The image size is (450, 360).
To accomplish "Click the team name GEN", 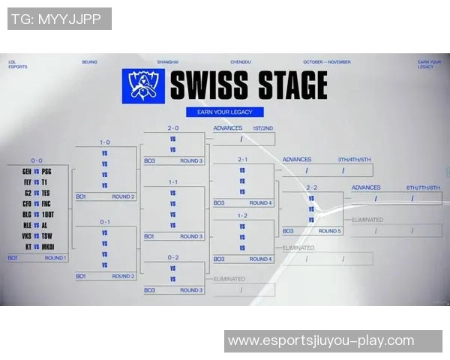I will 26,171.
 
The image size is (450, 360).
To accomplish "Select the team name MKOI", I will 47,246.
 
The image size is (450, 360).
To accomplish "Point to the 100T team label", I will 48,214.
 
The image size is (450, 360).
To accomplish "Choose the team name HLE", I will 26,224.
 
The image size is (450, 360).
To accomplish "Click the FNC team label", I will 46,203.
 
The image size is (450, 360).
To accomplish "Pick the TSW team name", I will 46,235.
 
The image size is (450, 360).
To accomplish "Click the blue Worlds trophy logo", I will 142,85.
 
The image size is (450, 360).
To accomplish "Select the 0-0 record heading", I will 37,160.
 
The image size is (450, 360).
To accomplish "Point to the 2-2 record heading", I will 312,187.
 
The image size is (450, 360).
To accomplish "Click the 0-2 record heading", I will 173,257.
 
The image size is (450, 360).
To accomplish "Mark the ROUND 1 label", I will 55,258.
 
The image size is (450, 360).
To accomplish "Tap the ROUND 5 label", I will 330,231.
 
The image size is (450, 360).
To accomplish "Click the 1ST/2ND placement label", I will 263,128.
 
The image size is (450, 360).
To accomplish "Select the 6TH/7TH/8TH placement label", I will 421,187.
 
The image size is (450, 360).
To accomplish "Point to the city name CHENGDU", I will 240,62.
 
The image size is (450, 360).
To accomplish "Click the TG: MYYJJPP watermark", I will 58,19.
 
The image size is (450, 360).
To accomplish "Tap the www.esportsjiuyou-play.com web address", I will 321,340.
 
